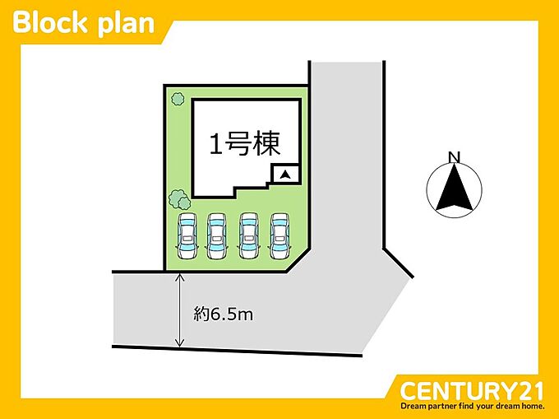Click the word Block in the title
50,23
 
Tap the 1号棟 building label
245,145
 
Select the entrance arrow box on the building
285,175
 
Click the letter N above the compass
454,157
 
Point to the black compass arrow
454,188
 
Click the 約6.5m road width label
223,314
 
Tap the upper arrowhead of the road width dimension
179,277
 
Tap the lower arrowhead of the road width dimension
179,342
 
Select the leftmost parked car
187,236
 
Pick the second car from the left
217,236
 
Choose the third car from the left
249,236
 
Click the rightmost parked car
279,236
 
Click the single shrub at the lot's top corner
178,99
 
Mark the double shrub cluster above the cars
179,199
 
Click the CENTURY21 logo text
471,391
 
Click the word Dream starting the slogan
411,406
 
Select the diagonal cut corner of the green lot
298,261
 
